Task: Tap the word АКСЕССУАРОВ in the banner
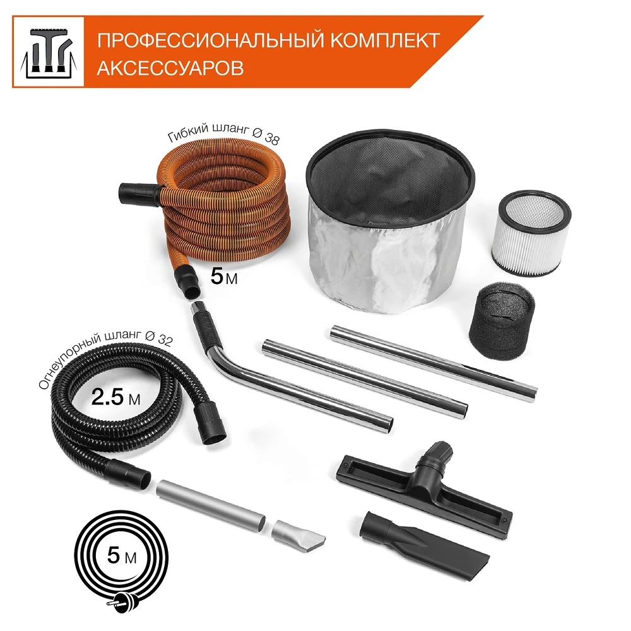[170, 68]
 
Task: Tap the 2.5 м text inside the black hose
[115, 398]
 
